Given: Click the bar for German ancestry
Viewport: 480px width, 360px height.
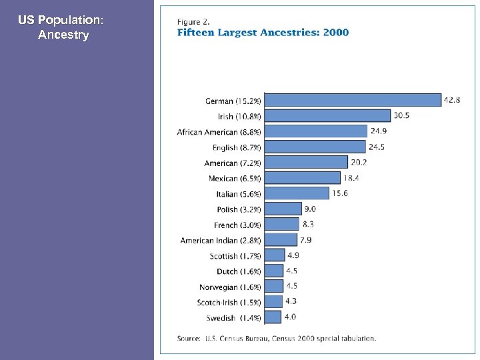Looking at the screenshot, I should [x=353, y=100].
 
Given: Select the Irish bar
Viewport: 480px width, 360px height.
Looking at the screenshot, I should [x=327, y=115].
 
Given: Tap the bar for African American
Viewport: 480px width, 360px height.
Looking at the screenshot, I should [x=316, y=131].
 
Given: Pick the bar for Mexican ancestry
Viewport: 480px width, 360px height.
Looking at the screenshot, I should [x=303, y=178].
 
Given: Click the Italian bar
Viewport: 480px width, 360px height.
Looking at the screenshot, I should [x=297, y=193].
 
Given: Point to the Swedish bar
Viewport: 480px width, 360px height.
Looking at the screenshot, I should [x=273, y=317].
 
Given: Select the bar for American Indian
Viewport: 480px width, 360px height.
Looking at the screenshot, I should [x=281, y=239].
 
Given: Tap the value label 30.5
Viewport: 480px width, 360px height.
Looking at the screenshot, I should [x=401, y=115].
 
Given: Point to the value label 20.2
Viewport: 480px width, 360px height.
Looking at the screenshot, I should [x=359, y=162].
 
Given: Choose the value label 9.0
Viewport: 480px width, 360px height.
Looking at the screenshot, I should [x=310, y=209].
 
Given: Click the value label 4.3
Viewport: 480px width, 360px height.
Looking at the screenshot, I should [x=291, y=301].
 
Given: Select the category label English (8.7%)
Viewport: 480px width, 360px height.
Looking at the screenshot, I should [x=237, y=147].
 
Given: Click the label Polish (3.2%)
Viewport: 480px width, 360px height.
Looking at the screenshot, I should [x=239, y=209].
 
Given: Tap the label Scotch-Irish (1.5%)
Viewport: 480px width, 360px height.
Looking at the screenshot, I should [x=229, y=303].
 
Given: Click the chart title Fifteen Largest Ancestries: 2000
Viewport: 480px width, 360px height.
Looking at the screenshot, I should [x=262, y=33].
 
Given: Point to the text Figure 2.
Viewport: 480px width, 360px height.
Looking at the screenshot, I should [x=193, y=21].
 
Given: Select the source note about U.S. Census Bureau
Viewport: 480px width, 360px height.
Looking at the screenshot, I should [x=276, y=338].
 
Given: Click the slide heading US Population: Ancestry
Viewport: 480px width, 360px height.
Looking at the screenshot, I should [x=62, y=27].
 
